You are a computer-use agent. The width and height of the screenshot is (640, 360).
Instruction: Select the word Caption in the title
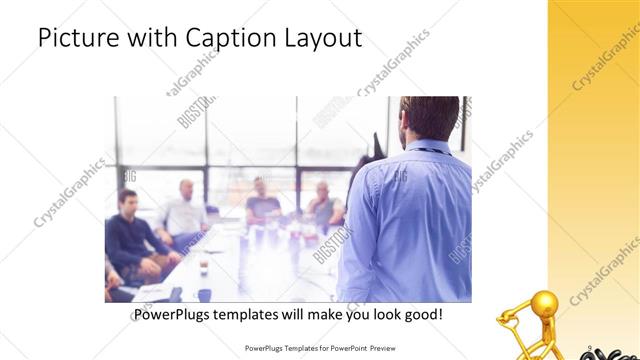click(227, 39)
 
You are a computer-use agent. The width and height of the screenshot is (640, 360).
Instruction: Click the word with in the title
click(149, 38)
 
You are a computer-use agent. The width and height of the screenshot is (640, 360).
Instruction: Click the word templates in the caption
click(255, 315)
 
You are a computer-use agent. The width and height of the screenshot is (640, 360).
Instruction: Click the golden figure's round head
click(544, 303)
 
